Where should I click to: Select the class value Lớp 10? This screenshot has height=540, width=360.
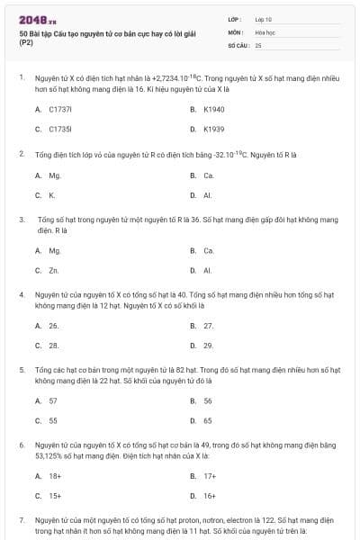pyautogui.click(x=263, y=19)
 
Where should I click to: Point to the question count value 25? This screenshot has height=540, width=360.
pyautogui.click(x=258, y=44)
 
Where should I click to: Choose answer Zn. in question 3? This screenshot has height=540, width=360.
pyautogui.click(x=54, y=270)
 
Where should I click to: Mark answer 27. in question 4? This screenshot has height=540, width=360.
pyautogui.click(x=209, y=326)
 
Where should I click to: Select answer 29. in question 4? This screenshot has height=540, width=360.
pyautogui.click(x=209, y=346)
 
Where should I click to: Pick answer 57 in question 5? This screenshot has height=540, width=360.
pyautogui.click(x=53, y=400)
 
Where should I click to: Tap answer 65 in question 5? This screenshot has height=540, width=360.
pyautogui.click(x=208, y=420)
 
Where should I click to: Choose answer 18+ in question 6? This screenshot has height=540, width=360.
pyautogui.click(x=55, y=475)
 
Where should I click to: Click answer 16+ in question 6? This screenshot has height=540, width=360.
pyautogui.click(x=210, y=495)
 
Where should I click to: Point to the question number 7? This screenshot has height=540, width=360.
pyautogui.click(x=22, y=520)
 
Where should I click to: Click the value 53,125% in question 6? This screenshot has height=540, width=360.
pyautogui.click(x=50, y=455)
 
